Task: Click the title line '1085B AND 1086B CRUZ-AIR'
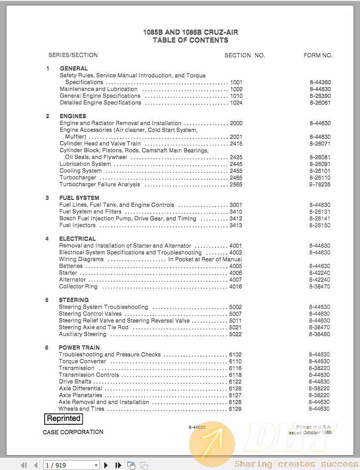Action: click(190, 32)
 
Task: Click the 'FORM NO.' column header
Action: click(318, 55)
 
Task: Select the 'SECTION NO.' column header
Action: click(244, 55)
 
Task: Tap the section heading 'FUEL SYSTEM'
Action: click(79, 198)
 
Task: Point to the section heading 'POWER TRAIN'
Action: click(79, 347)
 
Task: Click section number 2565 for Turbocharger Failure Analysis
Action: click(236, 185)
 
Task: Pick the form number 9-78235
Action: click(320, 185)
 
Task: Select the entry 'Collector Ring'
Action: click(78, 286)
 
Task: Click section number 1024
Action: click(236, 103)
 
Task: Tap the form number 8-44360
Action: click(320, 82)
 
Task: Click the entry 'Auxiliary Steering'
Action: click(82, 334)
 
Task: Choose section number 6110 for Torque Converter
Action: click(235, 361)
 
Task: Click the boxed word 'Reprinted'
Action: click(63, 419)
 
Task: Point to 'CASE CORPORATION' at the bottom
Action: click(73, 432)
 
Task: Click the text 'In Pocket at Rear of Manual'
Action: click(205, 259)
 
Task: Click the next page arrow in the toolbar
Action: click(106, 465)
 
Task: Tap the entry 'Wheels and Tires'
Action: click(81, 409)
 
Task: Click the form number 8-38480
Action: click(319, 334)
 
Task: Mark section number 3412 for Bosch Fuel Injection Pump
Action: click(236, 219)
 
